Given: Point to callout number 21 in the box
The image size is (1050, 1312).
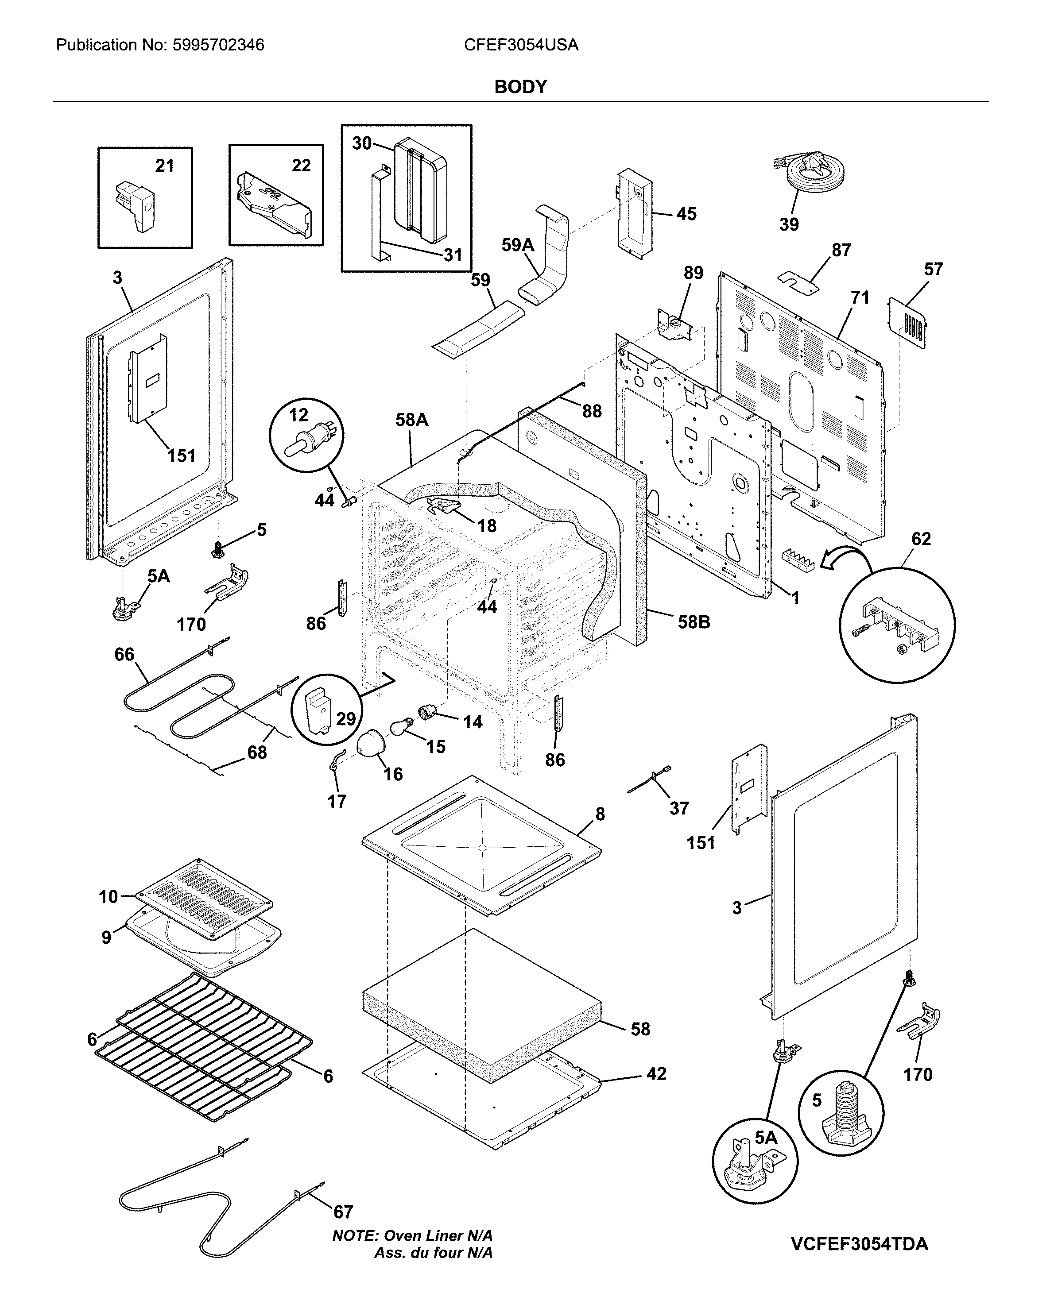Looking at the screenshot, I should pyautogui.click(x=164, y=166).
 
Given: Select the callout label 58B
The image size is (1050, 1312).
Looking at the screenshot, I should pyautogui.click(x=694, y=622).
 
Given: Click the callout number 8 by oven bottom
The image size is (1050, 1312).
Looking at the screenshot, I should pyautogui.click(x=600, y=814).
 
